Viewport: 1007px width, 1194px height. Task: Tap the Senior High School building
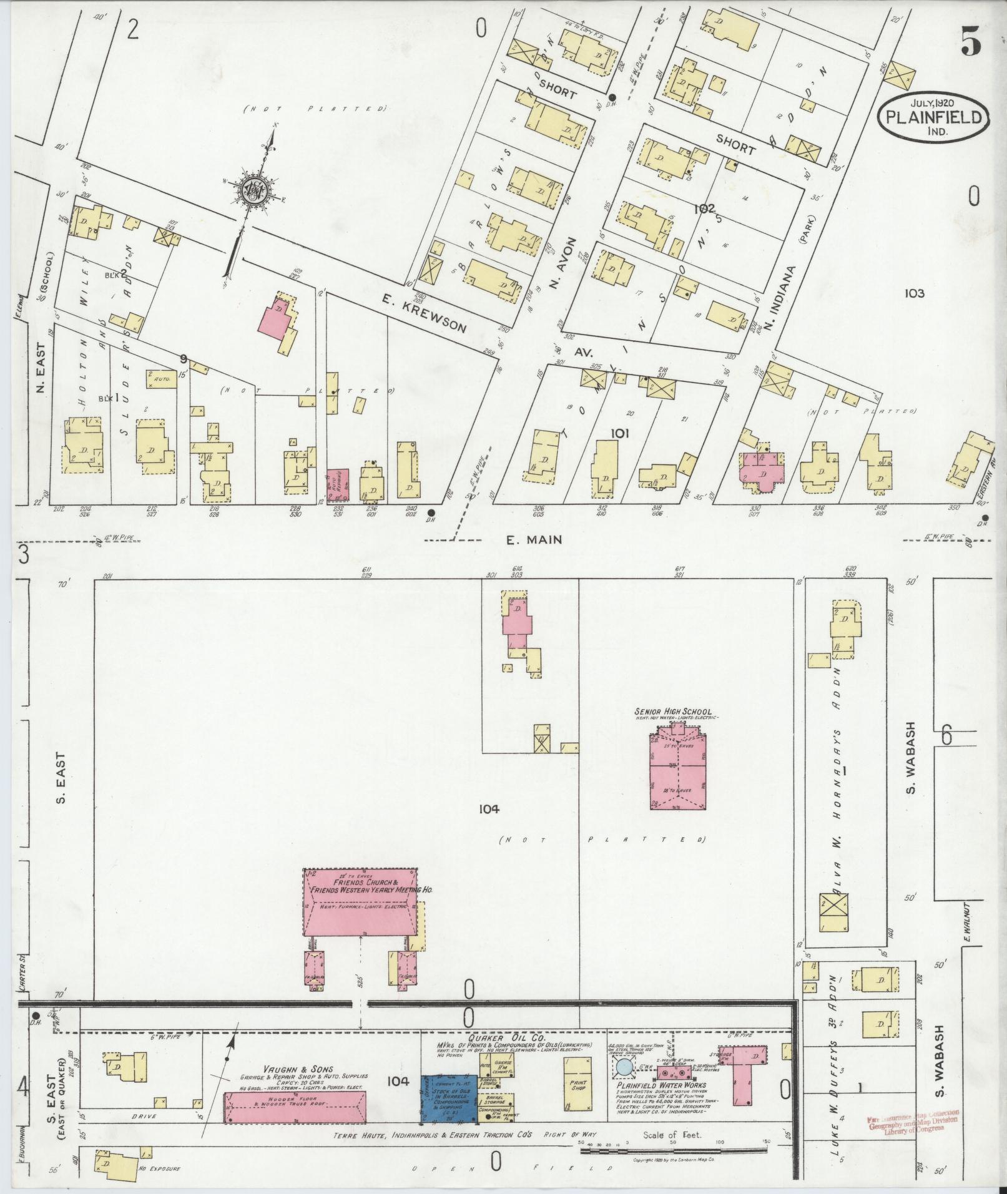(678, 771)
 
